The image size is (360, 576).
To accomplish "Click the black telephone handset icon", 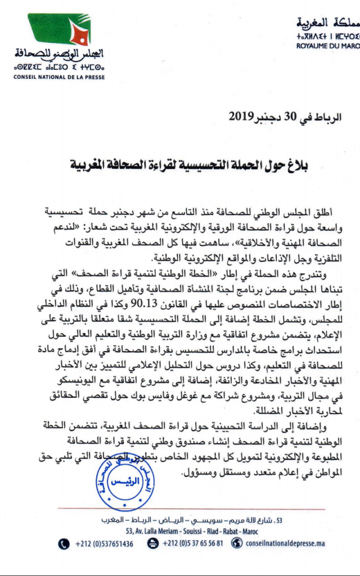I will point(64,543).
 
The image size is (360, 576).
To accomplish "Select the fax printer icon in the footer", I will point(152,543).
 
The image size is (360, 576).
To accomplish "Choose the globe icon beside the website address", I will point(236,543).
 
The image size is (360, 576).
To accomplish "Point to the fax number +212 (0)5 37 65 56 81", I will point(192,544).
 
